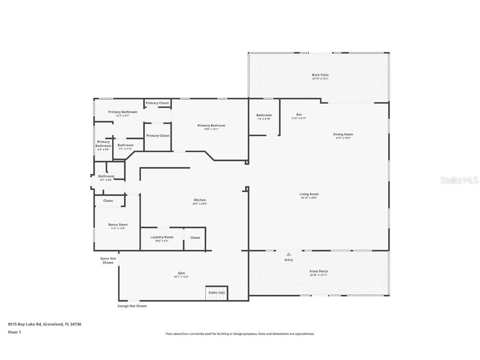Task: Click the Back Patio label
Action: (x=320, y=75)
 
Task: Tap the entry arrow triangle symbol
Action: (x=289, y=254)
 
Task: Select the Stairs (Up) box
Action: (x=217, y=292)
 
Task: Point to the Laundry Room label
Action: (x=162, y=237)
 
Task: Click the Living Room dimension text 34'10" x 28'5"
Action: (x=309, y=198)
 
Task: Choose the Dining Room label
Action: (x=343, y=134)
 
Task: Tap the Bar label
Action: (x=299, y=115)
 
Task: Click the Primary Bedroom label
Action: (x=211, y=125)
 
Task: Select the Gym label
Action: (x=181, y=273)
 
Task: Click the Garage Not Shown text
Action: (x=132, y=306)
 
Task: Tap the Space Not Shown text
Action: (x=108, y=260)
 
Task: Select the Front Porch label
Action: (x=318, y=271)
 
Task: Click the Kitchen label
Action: (x=200, y=200)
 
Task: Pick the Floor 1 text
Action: (x=14, y=332)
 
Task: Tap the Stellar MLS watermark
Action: (x=459, y=180)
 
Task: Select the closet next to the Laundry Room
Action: (x=195, y=238)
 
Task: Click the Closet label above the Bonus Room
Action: (x=108, y=201)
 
